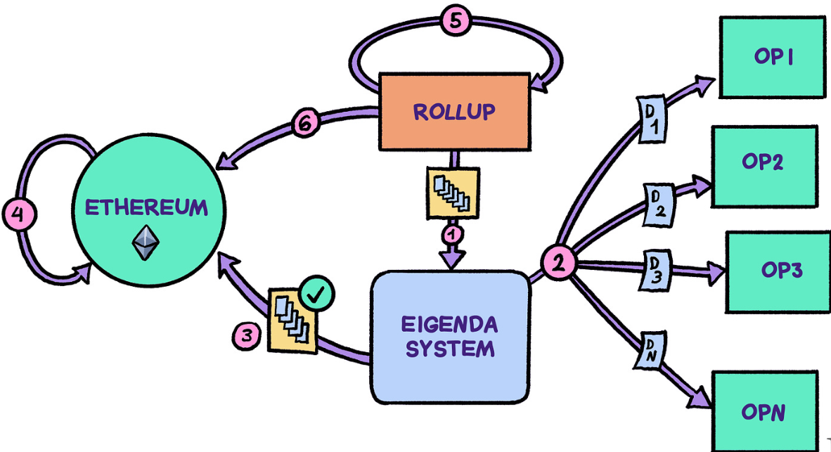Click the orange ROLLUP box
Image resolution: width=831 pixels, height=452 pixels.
(454, 110)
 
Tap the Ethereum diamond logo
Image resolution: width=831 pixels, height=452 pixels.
(146, 243)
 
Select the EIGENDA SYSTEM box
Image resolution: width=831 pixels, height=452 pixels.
(450, 335)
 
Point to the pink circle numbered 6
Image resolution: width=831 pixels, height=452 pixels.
(305, 124)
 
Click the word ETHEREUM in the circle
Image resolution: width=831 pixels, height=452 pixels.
(146, 208)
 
